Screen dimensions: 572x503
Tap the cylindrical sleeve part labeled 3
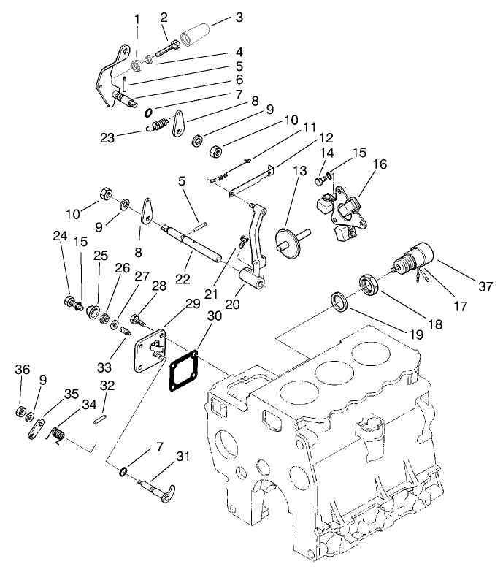198,35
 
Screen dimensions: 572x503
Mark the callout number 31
183,457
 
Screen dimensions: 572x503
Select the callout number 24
60,235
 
